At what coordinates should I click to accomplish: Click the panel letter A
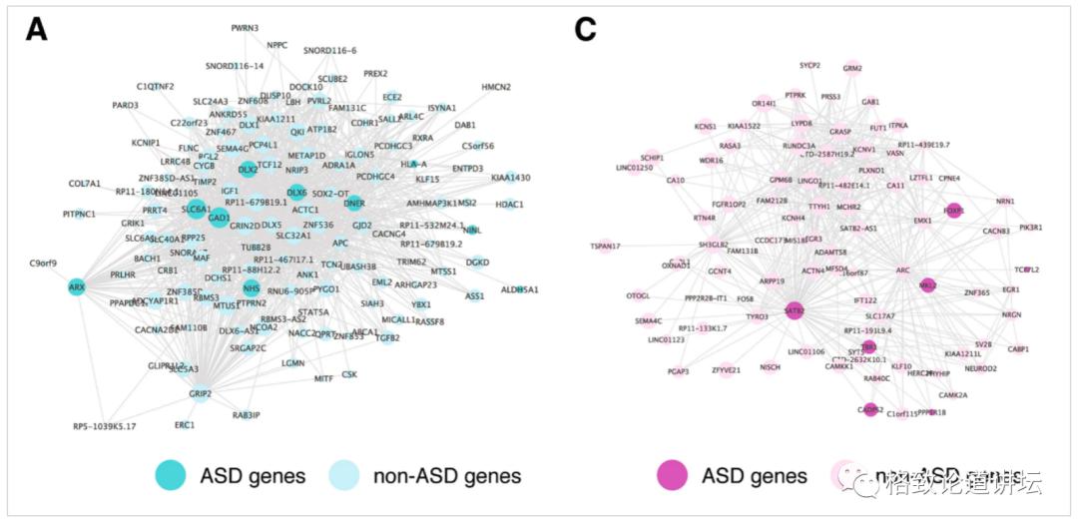(x=37, y=31)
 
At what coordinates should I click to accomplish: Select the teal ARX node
(x=76, y=287)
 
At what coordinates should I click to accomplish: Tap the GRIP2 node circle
(x=201, y=393)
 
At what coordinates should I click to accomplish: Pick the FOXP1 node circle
(x=953, y=211)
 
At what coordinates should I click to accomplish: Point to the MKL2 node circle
(x=927, y=285)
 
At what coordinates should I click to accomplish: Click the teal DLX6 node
(x=297, y=193)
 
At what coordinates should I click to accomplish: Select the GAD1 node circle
(x=220, y=217)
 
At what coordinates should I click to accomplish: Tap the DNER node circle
(x=354, y=204)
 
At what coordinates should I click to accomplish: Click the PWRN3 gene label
(x=244, y=28)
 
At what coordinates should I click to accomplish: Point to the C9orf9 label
(x=44, y=265)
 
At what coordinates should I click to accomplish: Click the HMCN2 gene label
(x=496, y=87)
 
